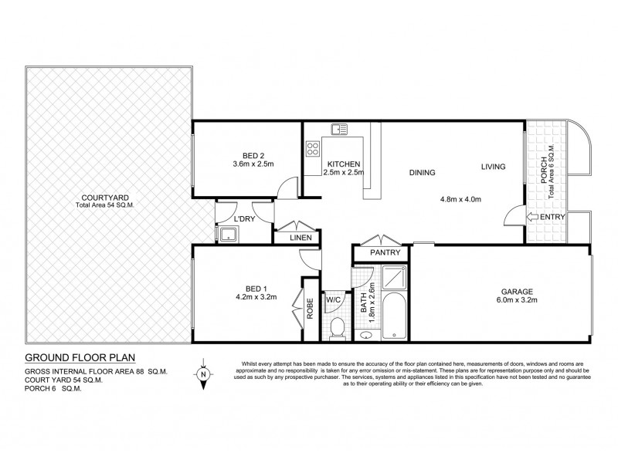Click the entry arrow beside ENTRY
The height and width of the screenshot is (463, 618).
[532, 218]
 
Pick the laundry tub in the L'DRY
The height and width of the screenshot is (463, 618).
[229, 235]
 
